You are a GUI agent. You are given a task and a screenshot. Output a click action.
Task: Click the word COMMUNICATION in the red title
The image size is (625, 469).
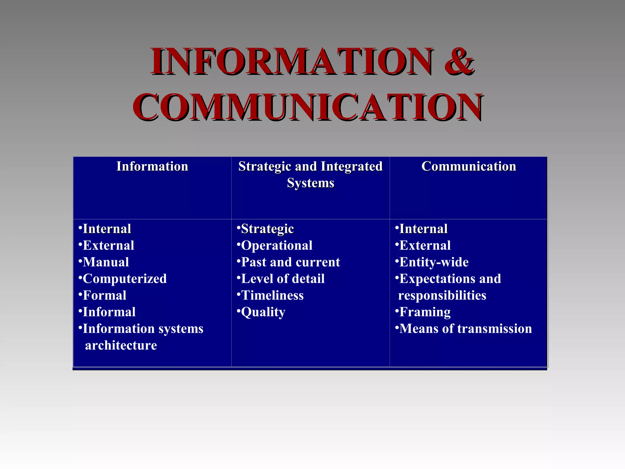tap(308, 107)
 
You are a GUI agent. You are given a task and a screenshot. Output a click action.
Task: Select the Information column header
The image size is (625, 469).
tap(152, 167)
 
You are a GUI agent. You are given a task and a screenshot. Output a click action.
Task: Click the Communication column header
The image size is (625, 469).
tap(468, 167)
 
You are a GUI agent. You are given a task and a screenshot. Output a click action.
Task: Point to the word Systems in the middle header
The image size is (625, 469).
tap(310, 183)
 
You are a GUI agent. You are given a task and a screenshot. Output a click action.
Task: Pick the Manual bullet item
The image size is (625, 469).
tap(106, 262)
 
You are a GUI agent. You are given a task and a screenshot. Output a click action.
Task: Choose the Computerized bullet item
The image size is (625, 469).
tap(125, 279)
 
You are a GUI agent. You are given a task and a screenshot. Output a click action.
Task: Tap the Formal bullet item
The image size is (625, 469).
tap(104, 296)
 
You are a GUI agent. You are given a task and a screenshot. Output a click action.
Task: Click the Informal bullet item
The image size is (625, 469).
tap(109, 312)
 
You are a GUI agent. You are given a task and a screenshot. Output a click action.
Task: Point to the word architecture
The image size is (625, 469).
tap(121, 345)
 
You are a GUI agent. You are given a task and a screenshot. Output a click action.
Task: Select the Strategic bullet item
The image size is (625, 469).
tap(267, 229)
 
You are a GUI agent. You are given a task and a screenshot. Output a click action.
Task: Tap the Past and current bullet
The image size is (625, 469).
tap(290, 262)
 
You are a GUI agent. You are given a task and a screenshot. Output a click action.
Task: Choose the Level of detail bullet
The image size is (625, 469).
tap(283, 279)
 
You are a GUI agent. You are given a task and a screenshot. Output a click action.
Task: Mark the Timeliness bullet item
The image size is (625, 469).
tap(272, 296)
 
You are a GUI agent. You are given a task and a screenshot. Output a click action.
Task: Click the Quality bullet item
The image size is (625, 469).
tap(263, 312)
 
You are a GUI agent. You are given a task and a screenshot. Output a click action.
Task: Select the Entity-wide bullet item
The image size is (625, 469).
tap(434, 262)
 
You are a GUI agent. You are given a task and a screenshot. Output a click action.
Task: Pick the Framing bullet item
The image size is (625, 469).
tap(425, 312)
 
